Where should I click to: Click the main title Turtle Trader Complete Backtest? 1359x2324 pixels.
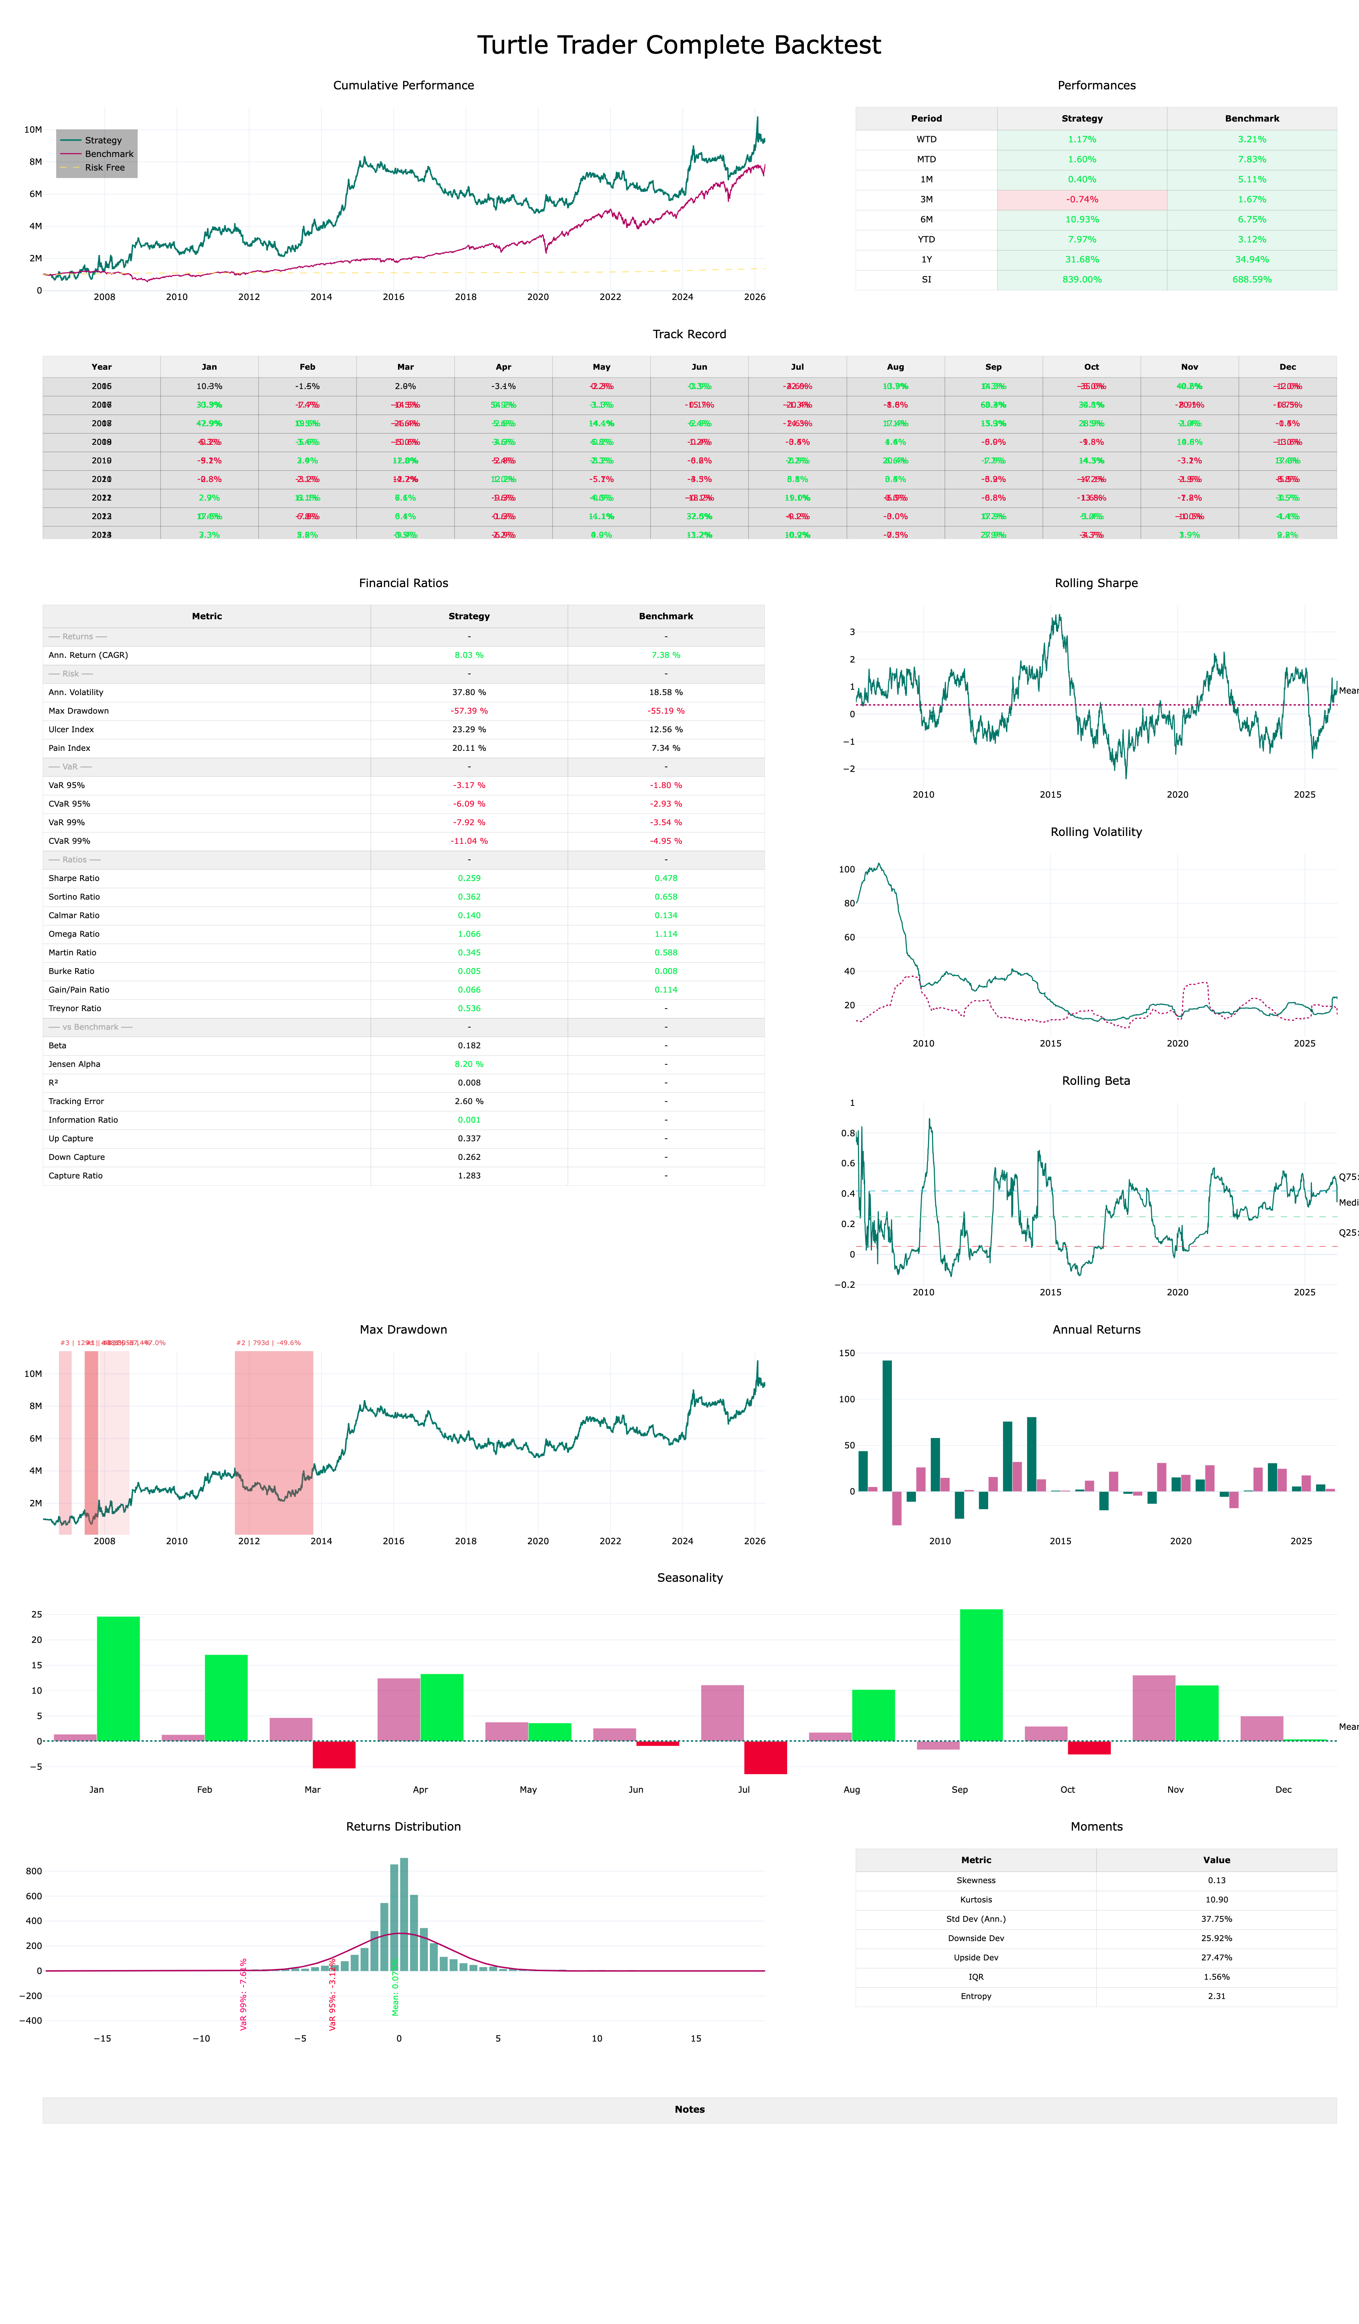point(679,45)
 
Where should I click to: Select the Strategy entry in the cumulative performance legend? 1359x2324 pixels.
point(102,140)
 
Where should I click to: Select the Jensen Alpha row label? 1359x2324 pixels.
point(75,1064)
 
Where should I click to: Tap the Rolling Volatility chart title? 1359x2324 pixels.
point(1096,832)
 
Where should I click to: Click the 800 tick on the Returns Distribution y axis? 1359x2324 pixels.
point(34,1871)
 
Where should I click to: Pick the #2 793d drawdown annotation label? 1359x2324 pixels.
point(269,1343)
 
